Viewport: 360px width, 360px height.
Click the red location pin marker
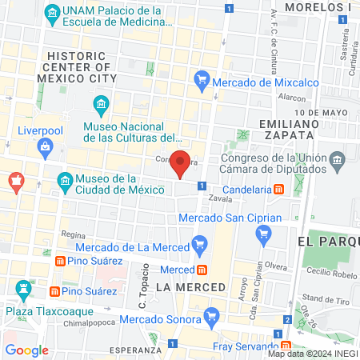[x=181, y=163]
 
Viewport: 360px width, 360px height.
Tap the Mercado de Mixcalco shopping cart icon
[x=202, y=80]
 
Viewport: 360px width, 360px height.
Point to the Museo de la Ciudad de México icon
[x=65, y=183]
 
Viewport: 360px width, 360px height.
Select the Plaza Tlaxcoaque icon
[x=22, y=288]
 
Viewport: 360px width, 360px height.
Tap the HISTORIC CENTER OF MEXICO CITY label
[x=82, y=67]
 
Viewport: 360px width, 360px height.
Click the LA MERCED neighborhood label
[x=191, y=286]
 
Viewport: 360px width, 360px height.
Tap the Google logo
[x=26, y=350]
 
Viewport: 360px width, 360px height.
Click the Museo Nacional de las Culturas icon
[x=101, y=105]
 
